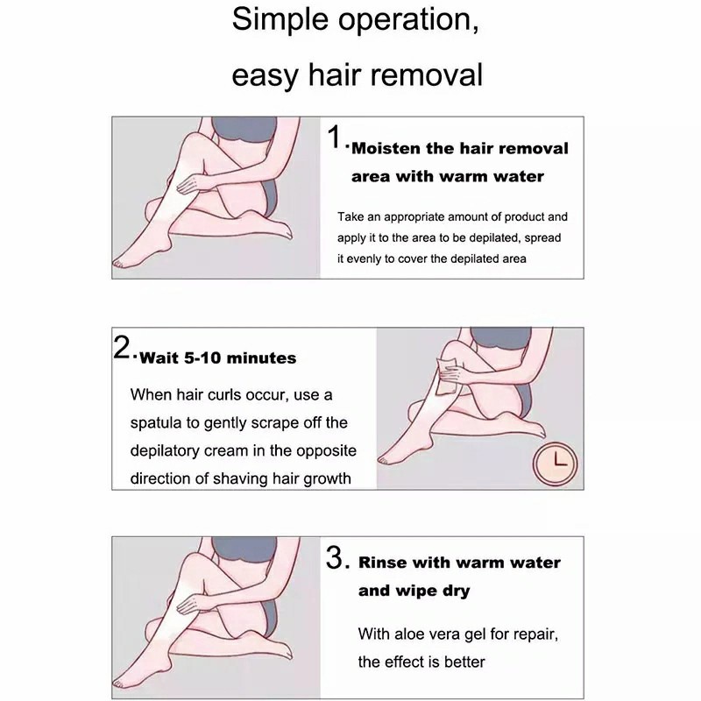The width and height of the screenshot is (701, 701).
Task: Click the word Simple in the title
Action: pos(280,20)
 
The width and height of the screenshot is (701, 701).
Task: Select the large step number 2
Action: pos(122,347)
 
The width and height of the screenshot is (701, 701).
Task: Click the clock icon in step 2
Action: pos(555,464)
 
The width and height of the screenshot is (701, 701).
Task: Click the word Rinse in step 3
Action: pos(382,563)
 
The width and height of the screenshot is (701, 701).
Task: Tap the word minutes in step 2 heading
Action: pos(261,358)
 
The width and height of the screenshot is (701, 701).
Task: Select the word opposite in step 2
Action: pos(326,451)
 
